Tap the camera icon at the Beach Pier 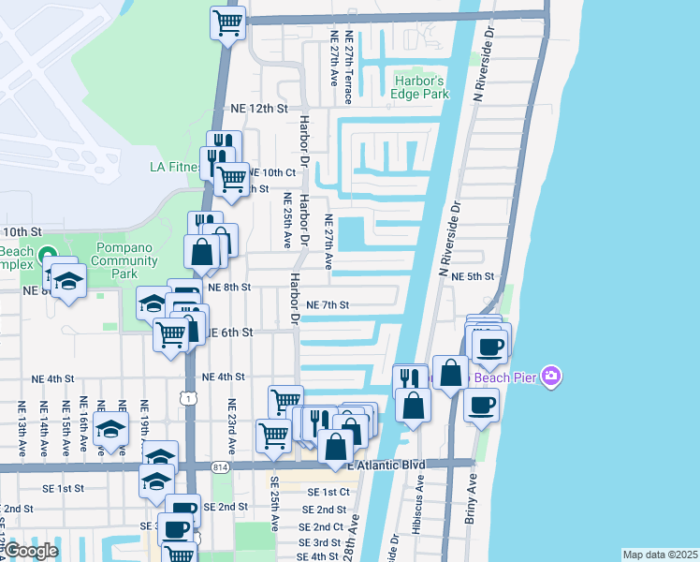pyautogui.click(x=552, y=377)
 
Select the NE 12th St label pyautogui.click(x=258, y=109)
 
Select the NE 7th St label pyautogui.click(x=328, y=305)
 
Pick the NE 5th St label pyautogui.click(x=472, y=276)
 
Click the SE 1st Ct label pyautogui.click(x=327, y=492)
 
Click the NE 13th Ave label pyautogui.click(x=21, y=429)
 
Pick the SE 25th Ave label pyautogui.click(x=275, y=504)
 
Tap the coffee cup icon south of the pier pyautogui.click(x=481, y=406)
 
